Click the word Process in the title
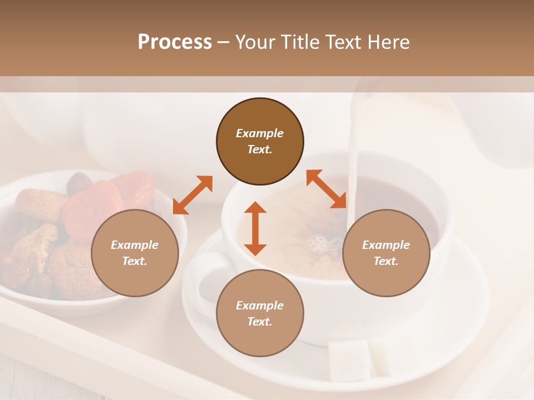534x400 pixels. (175, 42)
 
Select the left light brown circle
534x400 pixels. (135, 253)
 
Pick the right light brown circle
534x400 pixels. (386, 253)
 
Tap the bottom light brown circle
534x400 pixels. (260, 313)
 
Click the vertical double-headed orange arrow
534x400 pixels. (255, 228)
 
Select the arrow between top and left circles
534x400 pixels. (192, 195)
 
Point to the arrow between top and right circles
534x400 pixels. (327, 189)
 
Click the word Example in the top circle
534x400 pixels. (260, 133)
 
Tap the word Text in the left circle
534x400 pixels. (135, 261)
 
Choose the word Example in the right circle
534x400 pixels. (386, 244)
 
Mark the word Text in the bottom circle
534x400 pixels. (260, 322)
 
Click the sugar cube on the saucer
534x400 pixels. (350, 358)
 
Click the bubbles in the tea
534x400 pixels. (318, 243)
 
